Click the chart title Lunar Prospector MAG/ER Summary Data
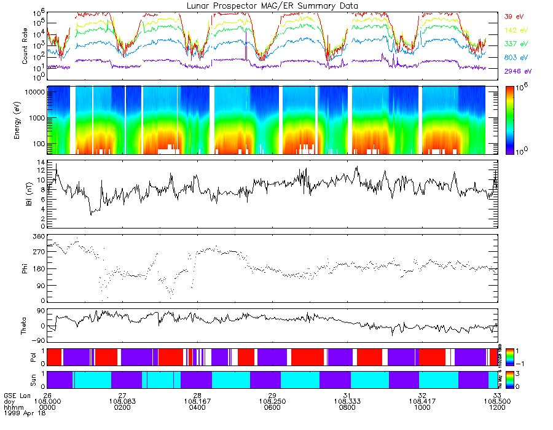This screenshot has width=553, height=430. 272,6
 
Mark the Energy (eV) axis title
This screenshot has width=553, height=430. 25,120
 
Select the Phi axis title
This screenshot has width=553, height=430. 25,268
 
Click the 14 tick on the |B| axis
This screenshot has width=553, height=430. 41,162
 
